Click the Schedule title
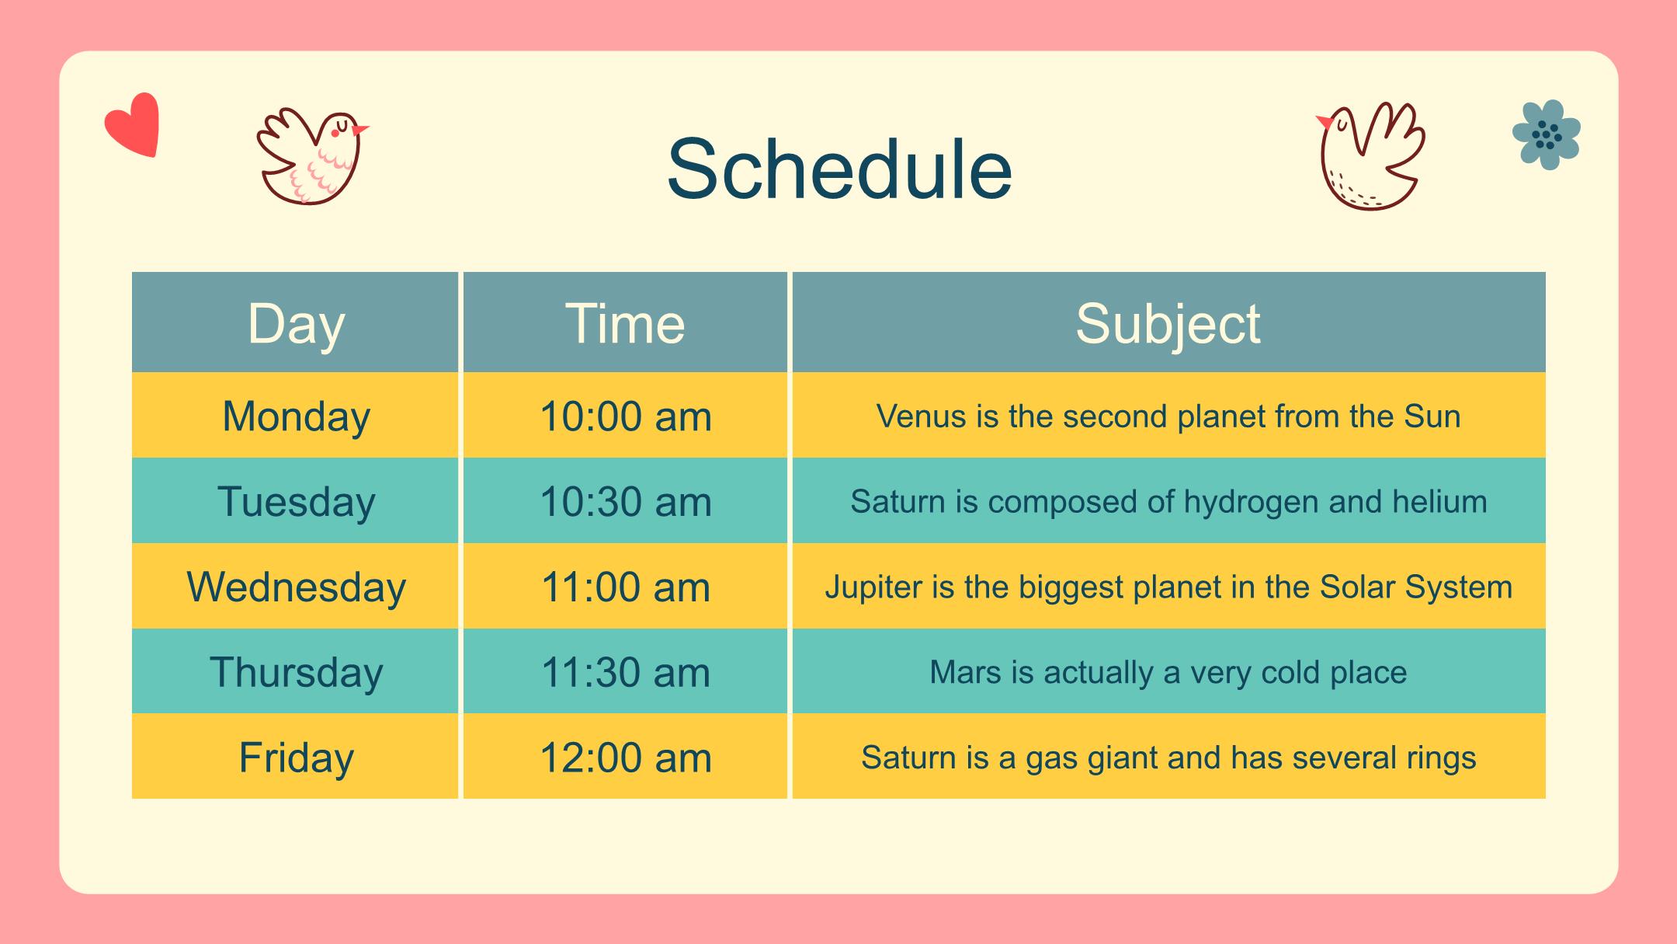tap(839, 169)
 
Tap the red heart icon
tap(133, 124)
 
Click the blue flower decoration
tap(1547, 134)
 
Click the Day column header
tap(296, 323)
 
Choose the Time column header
tap(625, 323)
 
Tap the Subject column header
tap(1168, 323)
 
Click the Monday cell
tap(296, 416)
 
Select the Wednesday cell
tap(296, 586)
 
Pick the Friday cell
tap(296, 757)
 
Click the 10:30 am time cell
tap(625, 501)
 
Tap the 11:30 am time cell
tap(625, 671)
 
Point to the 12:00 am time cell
tap(625, 757)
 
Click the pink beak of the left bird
tap(360, 130)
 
